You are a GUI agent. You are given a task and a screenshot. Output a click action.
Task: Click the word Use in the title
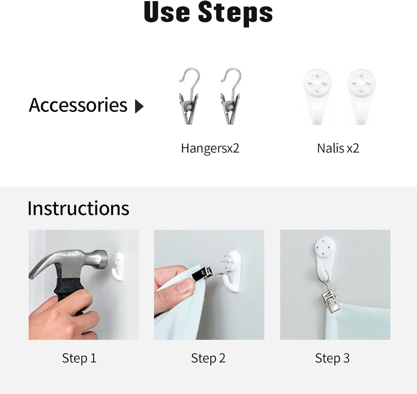point(167,12)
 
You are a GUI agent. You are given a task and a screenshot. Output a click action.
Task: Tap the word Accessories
point(78,105)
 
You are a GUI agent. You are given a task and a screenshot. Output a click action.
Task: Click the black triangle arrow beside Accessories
point(139,106)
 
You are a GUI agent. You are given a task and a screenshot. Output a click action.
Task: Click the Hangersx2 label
point(210,149)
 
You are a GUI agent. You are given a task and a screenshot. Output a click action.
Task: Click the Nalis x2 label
point(338,148)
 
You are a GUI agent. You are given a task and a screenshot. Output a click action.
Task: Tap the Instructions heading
point(78,208)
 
